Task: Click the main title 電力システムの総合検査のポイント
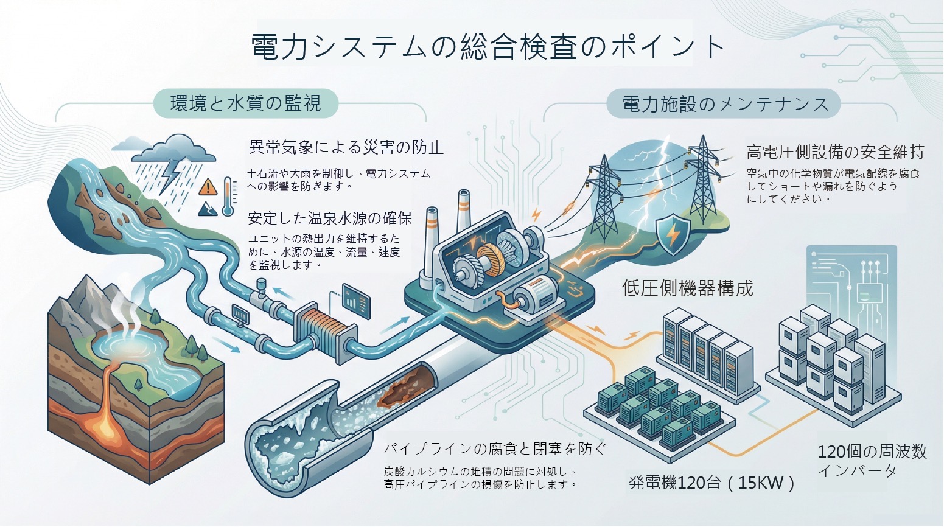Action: [x=488, y=47]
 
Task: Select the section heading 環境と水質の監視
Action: [x=245, y=103]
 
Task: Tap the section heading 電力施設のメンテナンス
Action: [x=725, y=104]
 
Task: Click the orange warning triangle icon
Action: [x=208, y=186]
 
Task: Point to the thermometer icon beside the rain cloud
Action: [x=228, y=197]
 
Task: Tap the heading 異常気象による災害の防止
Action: [x=346, y=147]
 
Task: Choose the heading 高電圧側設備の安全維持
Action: [x=835, y=151]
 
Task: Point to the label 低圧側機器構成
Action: [x=687, y=288]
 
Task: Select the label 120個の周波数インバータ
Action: [x=872, y=461]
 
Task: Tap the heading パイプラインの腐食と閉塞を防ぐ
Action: [x=495, y=449]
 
